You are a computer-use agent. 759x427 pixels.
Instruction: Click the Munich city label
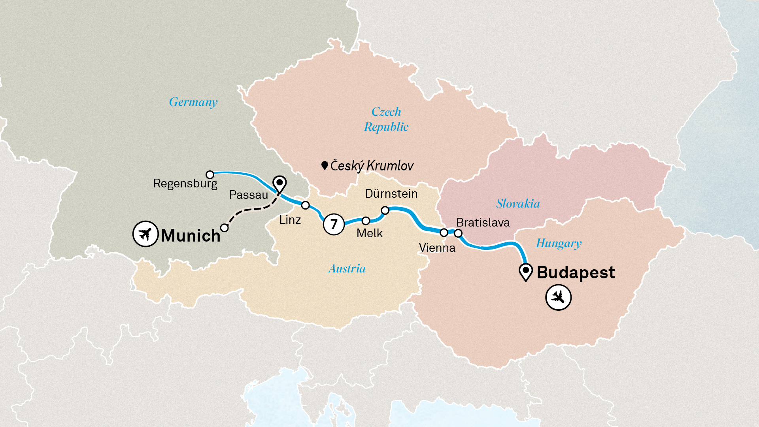point(191,236)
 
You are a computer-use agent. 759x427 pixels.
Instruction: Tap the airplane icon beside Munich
point(145,234)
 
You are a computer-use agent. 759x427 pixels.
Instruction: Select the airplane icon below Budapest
point(558,297)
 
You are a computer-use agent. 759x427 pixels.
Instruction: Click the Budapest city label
point(576,272)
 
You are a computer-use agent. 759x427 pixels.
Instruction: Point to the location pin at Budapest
point(526,272)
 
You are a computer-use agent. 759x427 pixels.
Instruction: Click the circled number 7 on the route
point(334,224)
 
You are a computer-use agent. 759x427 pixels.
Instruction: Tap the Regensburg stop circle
point(210,174)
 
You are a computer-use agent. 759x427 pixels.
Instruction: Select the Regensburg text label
point(185,183)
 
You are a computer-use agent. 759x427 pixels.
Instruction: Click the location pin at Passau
point(279,184)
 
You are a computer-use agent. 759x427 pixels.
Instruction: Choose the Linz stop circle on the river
point(306,205)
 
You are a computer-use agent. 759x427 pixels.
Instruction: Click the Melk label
point(370,233)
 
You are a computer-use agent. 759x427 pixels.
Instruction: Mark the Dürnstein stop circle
point(385,210)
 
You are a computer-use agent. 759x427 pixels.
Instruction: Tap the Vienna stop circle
point(444,232)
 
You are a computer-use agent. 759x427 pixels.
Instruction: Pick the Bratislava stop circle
point(458,233)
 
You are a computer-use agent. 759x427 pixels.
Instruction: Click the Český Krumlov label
point(372,166)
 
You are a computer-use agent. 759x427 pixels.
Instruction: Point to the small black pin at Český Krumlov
point(325,165)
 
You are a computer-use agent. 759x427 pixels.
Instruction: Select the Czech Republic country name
point(386,119)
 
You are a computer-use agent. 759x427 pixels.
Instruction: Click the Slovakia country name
point(518,204)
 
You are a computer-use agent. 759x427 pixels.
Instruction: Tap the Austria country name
point(347,269)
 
